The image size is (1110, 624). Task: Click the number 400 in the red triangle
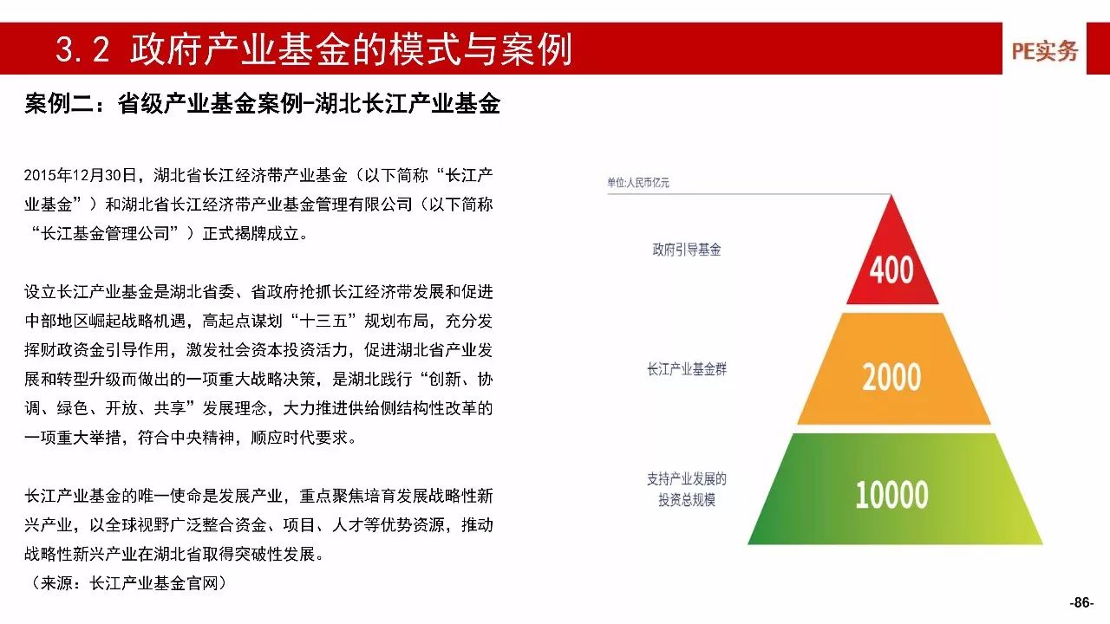pyautogui.click(x=891, y=270)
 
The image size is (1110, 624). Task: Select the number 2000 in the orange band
pyautogui.click(x=891, y=377)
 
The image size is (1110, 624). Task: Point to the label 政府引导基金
pyautogui.click(x=686, y=250)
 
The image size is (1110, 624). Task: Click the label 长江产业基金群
pyautogui.click(x=686, y=369)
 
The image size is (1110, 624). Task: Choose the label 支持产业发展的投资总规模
pyautogui.click(x=686, y=490)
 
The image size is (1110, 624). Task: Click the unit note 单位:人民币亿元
pyautogui.click(x=637, y=183)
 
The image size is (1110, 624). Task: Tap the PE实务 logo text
pyautogui.click(x=1045, y=51)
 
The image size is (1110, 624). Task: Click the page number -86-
pyautogui.click(x=1081, y=602)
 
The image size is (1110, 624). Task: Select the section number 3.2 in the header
pyautogui.click(x=82, y=49)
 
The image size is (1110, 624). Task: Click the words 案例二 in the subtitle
pyautogui.click(x=60, y=104)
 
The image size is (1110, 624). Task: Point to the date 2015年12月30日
pyautogui.click(x=80, y=175)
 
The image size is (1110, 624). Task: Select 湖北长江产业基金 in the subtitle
pyautogui.click(x=408, y=104)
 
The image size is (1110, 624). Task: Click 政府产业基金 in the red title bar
pyautogui.click(x=240, y=49)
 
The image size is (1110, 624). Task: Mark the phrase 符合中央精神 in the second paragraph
pyautogui.click(x=186, y=438)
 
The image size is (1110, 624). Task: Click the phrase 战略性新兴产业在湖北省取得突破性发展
pyautogui.click(x=169, y=554)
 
